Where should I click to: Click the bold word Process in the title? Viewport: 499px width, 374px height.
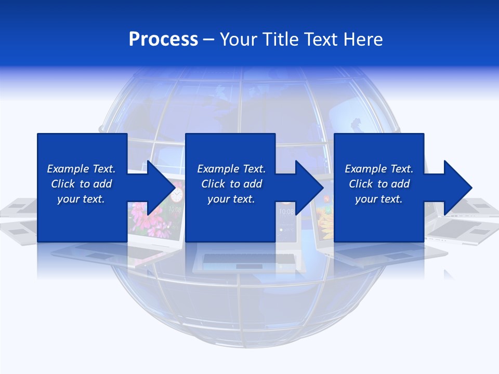pos(163,39)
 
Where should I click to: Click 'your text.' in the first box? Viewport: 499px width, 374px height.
pos(81,199)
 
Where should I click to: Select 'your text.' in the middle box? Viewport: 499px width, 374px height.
pos(231,199)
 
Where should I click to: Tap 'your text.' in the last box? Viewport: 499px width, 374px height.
pos(379,199)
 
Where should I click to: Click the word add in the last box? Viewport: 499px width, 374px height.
pos(400,184)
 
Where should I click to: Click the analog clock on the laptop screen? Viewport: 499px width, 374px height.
pos(177,195)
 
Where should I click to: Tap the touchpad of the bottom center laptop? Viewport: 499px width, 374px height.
pos(242,266)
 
